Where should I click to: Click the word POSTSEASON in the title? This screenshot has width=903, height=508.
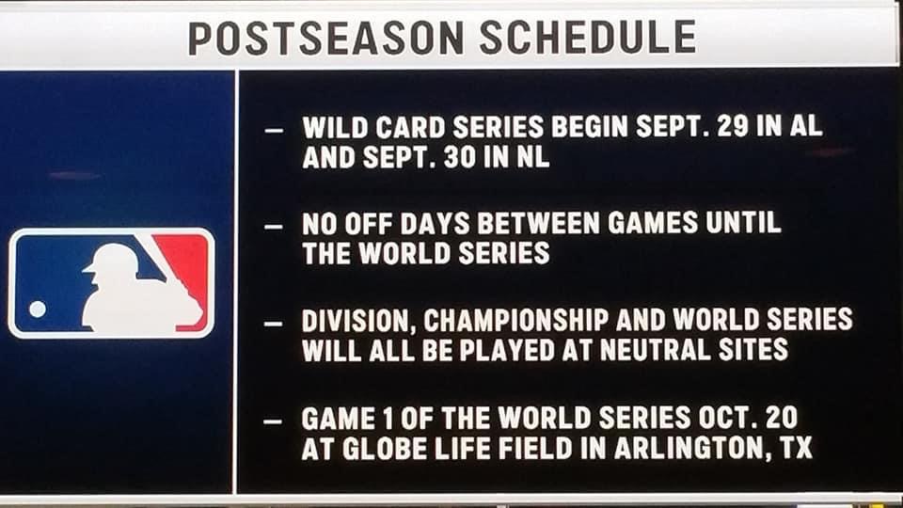pyautogui.click(x=326, y=38)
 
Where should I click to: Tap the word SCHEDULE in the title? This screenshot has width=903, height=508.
pyautogui.click(x=588, y=37)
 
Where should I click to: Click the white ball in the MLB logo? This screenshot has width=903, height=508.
pyautogui.click(x=38, y=310)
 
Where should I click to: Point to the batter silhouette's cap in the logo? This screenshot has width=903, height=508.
pyautogui.click(x=111, y=258)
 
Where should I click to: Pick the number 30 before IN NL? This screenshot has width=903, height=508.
pyautogui.click(x=460, y=157)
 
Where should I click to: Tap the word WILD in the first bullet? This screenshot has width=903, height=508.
pyautogui.click(x=335, y=127)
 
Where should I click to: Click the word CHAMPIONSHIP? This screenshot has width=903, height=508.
pyautogui.click(x=516, y=320)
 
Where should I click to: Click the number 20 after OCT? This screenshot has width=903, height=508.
pyautogui.click(x=782, y=418)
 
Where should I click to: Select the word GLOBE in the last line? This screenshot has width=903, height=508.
pyautogui.click(x=385, y=449)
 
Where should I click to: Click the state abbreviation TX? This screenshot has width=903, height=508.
pyautogui.click(x=797, y=448)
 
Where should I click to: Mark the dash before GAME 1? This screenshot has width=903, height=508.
pyautogui.click(x=273, y=421)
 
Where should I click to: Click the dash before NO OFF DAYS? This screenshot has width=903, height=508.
pyautogui.click(x=274, y=227)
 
